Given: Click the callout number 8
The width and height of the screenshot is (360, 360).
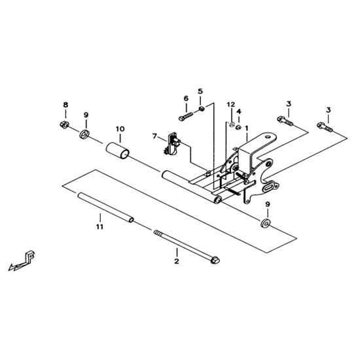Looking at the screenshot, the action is (x=65, y=105).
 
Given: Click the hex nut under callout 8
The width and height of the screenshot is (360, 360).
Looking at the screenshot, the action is (x=64, y=124).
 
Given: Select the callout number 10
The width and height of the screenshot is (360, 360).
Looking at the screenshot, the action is (x=120, y=129).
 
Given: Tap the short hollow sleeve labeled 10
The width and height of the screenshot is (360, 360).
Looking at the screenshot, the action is (x=118, y=151).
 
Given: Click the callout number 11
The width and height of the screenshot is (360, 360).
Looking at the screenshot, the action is (x=99, y=227).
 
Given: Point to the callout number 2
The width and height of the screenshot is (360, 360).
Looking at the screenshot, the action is (x=176, y=261).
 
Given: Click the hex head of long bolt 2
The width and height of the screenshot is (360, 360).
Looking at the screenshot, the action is (x=215, y=261).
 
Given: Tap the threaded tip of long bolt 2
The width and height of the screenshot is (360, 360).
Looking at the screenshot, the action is (x=157, y=232).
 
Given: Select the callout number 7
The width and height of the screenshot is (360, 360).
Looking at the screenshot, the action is (x=154, y=136).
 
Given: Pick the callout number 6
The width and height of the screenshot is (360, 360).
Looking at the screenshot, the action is (x=186, y=98).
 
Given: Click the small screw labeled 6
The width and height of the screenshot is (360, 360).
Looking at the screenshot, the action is (x=186, y=117).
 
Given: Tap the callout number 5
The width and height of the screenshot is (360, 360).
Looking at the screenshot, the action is (x=200, y=92).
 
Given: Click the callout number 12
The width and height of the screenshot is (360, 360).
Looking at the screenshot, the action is (x=231, y=105).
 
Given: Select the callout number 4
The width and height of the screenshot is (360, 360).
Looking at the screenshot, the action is (x=239, y=112).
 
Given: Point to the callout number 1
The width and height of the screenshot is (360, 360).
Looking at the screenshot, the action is (x=247, y=128).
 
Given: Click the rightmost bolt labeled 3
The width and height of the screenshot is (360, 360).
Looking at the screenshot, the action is (x=325, y=128).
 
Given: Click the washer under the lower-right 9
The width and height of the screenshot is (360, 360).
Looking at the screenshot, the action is (x=265, y=224).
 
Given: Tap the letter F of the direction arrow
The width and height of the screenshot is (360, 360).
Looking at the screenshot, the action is (x=30, y=257).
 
